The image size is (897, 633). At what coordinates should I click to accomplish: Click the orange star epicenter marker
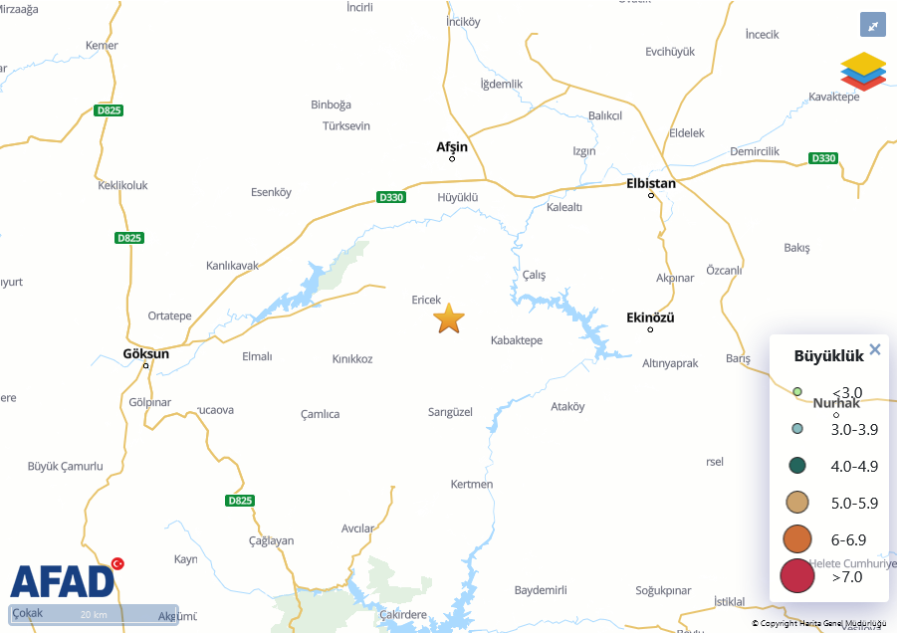tap(449, 318)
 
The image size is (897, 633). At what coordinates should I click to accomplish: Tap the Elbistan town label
tap(651, 183)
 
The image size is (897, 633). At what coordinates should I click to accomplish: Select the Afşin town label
tap(452, 147)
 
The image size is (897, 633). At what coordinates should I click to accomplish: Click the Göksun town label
tap(145, 353)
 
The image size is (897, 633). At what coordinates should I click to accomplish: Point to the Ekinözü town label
tap(650, 317)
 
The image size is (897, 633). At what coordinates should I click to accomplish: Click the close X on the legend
tap(875, 349)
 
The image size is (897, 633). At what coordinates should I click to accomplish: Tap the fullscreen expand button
tap(872, 26)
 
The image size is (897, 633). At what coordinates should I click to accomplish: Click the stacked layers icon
tap(863, 71)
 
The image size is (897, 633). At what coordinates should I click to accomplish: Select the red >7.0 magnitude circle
tap(797, 575)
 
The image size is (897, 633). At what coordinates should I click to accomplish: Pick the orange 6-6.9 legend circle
tap(797, 538)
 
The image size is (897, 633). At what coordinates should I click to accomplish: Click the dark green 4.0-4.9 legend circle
tap(796, 465)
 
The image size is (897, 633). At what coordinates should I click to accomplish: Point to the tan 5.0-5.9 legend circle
tap(796, 502)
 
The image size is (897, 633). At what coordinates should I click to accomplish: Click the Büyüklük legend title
tap(828, 356)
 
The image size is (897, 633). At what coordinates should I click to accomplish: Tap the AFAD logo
tap(63, 580)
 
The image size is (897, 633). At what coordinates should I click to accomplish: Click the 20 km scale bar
tap(94, 614)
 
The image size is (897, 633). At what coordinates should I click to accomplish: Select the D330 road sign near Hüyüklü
tap(392, 197)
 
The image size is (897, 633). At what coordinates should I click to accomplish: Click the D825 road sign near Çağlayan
tap(239, 501)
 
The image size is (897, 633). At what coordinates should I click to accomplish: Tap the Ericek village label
tap(426, 300)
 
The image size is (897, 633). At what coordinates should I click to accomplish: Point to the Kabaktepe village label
tap(517, 340)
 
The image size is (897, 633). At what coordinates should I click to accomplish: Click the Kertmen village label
tap(472, 484)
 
